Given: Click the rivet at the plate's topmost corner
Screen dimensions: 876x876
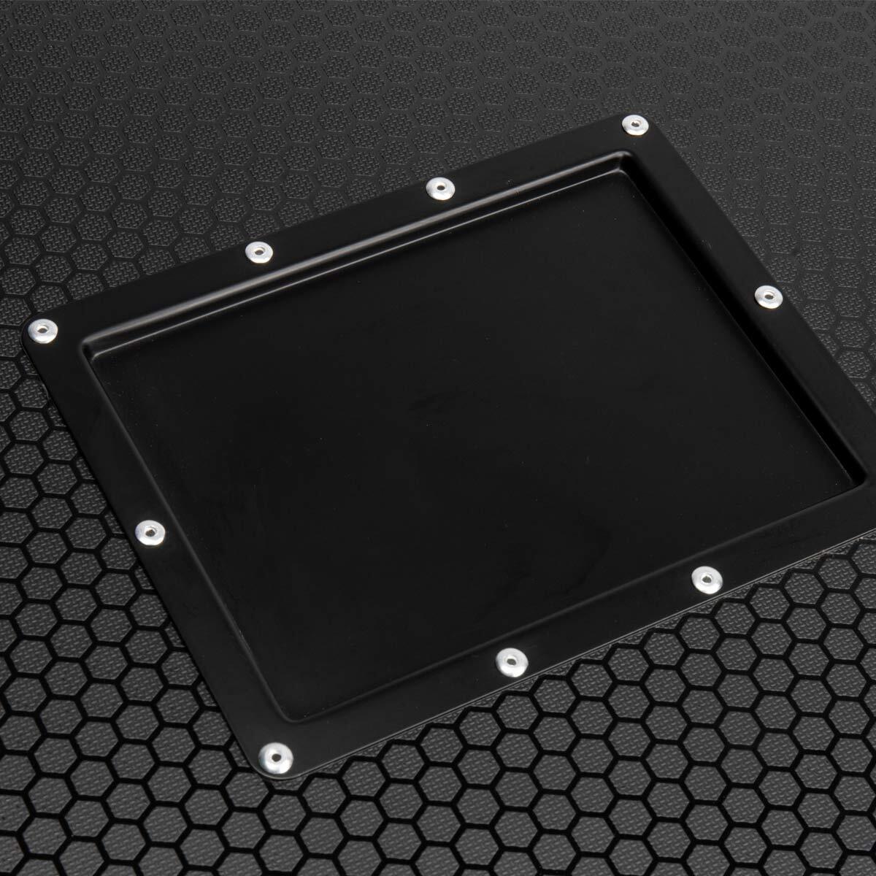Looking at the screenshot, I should click(x=631, y=126).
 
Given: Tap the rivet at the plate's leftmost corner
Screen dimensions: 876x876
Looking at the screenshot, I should click(x=41, y=331).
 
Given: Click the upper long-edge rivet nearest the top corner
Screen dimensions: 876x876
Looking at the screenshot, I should click(x=439, y=188).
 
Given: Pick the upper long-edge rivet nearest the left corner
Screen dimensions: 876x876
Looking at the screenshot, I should click(x=256, y=252).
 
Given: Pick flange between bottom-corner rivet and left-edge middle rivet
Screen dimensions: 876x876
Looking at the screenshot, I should click(x=212, y=642).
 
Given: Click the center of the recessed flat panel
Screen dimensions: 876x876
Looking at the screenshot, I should click(x=467, y=431).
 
